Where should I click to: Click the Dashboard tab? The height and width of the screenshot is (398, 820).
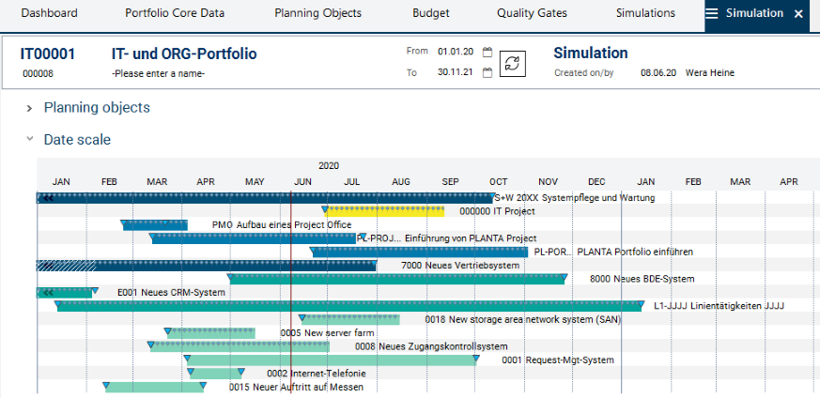tap(49, 14)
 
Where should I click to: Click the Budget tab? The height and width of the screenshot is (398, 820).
tap(431, 14)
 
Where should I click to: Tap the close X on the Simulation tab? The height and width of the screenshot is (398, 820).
tap(798, 14)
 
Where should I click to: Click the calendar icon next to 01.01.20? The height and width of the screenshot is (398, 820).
tap(487, 53)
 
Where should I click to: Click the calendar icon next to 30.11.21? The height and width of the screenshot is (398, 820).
tap(487, 73)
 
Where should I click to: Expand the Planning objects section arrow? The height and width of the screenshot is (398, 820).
tap(30, 108)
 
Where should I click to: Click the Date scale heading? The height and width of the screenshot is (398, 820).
tap(77, 140)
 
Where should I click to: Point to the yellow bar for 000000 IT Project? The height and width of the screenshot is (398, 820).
tap(385, 212)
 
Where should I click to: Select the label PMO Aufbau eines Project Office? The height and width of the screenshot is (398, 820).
tap(282, 225)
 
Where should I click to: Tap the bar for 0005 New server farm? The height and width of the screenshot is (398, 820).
tap(211, 333)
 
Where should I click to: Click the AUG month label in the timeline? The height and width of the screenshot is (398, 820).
tap(401, 181)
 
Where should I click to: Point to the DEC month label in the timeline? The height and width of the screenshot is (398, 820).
tap(596, 181)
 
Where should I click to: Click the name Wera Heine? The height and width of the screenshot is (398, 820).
tap(710, 73)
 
